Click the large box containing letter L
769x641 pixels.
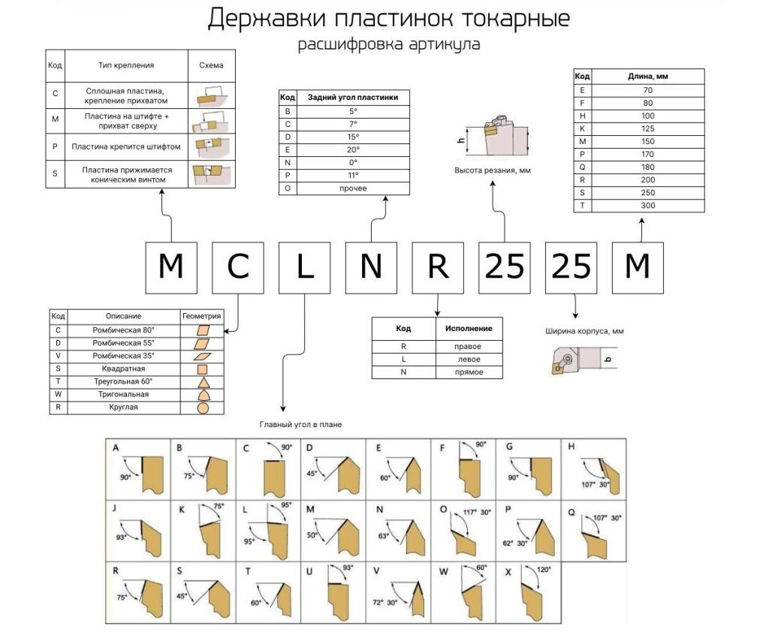pos(304,267)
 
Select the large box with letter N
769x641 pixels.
pos(371,267)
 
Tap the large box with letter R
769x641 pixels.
pos(437,267)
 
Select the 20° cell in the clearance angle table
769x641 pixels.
pos(353,149)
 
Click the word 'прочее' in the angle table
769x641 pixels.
pos(353,188)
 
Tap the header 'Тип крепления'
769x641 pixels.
pos(125,65)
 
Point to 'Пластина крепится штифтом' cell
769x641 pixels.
pos(125,146)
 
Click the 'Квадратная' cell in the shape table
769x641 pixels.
pos(124,369)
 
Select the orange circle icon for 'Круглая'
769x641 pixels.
pos(203,408)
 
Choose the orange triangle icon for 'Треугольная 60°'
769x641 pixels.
pos(203,382)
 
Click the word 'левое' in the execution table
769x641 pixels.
pos(469,360)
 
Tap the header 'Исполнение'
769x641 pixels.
pos(469,329)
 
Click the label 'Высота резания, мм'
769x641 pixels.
pos(492,171)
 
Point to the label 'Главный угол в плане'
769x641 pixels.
pos(300,425)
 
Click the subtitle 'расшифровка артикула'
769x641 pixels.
pos(388,44)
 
